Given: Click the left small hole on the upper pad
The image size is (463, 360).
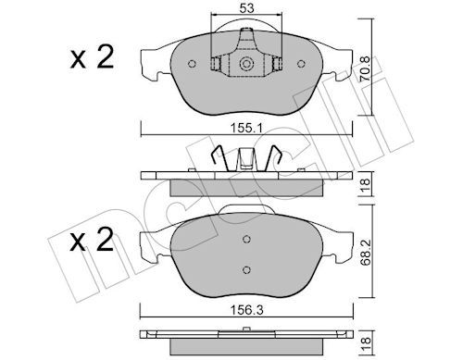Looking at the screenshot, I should [191, 65].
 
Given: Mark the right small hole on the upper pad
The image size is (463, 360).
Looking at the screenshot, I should [304, 65].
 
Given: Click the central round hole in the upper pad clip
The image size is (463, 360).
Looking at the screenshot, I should [247, 65].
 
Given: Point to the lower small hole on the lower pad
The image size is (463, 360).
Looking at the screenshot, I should [247, 269].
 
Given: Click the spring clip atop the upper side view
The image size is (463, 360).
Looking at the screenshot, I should [246, 158].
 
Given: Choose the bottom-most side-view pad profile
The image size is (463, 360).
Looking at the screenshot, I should [246, 338].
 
